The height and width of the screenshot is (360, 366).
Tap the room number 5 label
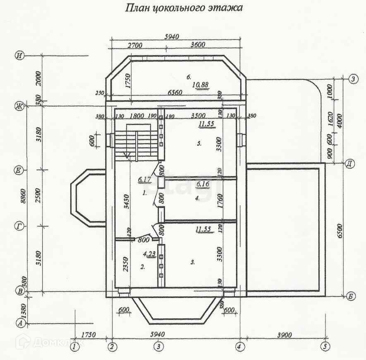pyautogui.click(x=199, y=144)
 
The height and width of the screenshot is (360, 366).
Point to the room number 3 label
pyautogui.click(x=192, y=262)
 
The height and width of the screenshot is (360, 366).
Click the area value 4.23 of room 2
pyautogui.click(x=149, y=254)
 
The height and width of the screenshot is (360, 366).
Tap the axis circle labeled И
pyautogui.click(x=19, y=55)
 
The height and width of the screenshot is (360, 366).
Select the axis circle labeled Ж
pyautogui.click(x=19, y=106)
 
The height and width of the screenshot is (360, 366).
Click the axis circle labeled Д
pyautogui.click(x=349, y=163)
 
